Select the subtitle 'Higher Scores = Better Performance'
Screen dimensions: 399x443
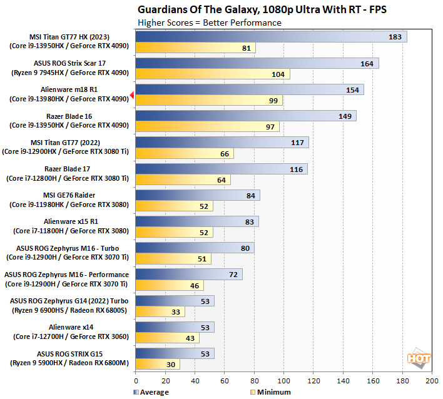pos(209,23)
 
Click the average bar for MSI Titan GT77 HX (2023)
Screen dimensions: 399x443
pos(270,37)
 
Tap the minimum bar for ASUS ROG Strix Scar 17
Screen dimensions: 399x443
pos(212,74)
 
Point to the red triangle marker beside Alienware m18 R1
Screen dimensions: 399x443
pos(132,95)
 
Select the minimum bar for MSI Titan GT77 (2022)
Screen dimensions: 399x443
pos(184,154)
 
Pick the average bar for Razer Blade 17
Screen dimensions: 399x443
pos(221,169)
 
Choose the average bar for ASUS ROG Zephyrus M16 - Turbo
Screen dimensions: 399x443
pos(195,248)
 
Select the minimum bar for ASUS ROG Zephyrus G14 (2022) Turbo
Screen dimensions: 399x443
pos(160,311)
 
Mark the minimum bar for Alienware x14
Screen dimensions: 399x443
pos(167,338)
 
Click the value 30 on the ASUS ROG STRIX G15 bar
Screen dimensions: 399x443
pos(169,365)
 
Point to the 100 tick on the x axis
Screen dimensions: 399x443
pos(283,380)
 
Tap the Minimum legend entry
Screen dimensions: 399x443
pos(270,392)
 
